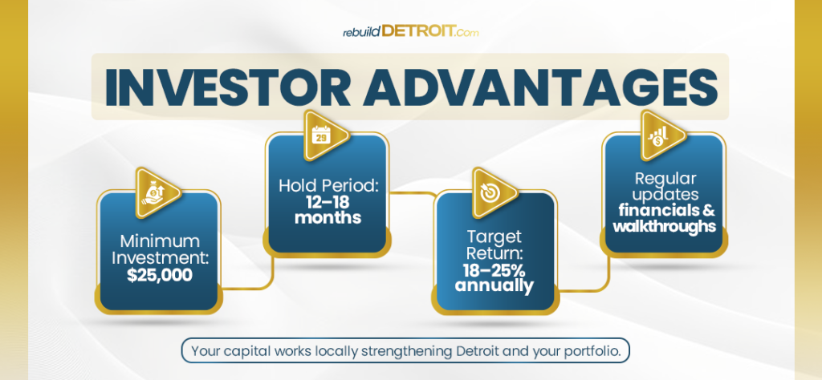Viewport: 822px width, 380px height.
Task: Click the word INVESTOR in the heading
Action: click(x=227, y=87)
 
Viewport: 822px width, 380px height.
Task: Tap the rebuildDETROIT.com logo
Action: click(x=410, y=31)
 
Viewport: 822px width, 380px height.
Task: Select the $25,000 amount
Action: click(x=160, y=275)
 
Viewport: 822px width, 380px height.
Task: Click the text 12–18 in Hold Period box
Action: click(x=328, y=201)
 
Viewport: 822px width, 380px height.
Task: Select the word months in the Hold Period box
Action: click(x=328, y=216)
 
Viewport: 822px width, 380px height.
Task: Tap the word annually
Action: click(x=494, y=285)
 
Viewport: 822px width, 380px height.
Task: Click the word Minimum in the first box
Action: click(x=160, y=241)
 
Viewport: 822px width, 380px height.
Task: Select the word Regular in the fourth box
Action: click(x=665, y=179)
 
